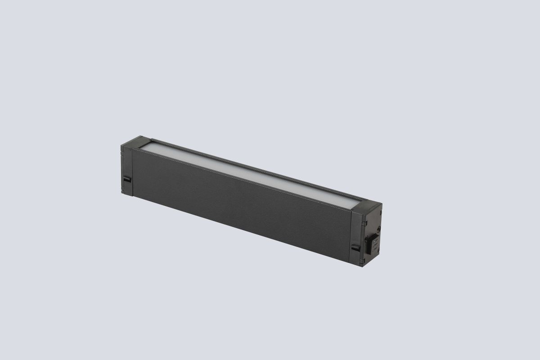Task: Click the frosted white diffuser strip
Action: pyautogui.click(x=252, y=174)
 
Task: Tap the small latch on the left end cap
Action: pyautogui.click(x=126, y=179)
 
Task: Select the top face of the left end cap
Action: pyautogui.click(x=136, y=141)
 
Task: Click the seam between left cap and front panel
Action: pyautogui.click(x=131, y=173)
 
